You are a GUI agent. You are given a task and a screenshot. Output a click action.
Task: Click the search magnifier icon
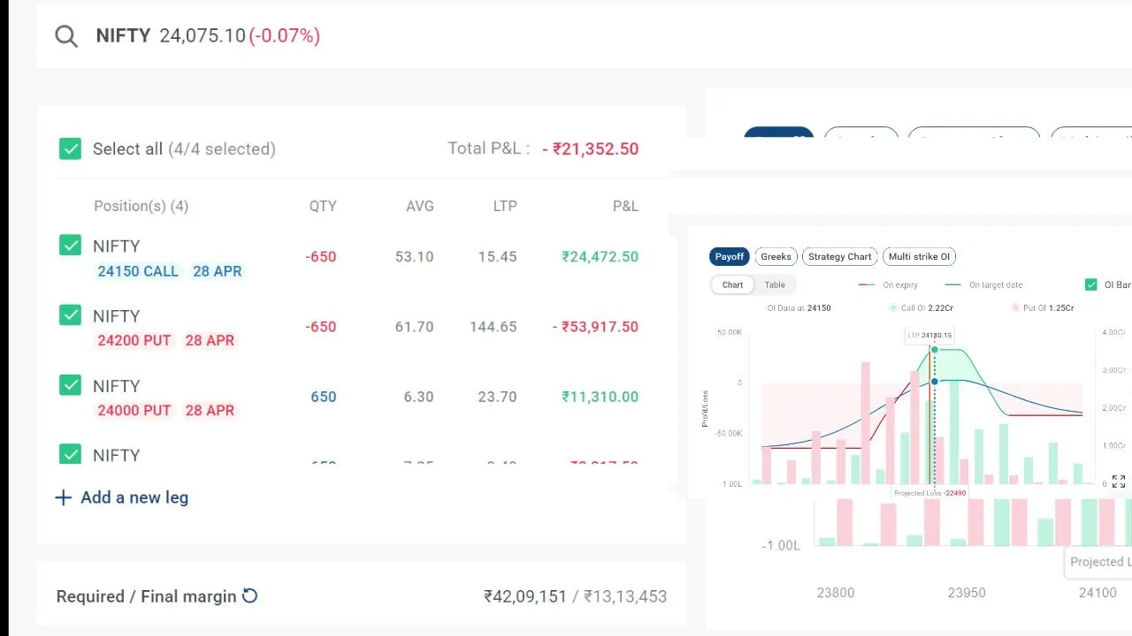66,36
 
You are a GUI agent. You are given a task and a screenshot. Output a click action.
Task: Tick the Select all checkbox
70,148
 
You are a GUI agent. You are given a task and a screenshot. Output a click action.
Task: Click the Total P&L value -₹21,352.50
590,148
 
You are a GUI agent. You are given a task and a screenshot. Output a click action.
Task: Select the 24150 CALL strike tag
138,271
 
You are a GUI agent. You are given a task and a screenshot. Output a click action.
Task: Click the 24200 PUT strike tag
134,340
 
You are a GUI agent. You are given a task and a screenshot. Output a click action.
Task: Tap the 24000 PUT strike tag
134,410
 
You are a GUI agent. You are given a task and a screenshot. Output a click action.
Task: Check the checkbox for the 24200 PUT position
70,315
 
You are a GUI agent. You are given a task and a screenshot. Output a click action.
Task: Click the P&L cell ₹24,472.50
600,256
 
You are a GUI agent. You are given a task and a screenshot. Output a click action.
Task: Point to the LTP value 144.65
493,327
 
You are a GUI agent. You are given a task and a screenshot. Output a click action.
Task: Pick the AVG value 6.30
418,397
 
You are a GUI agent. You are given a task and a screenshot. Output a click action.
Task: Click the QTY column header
323,206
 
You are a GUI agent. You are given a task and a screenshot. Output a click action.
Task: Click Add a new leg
122,497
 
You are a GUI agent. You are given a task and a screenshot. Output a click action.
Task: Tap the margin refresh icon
250,596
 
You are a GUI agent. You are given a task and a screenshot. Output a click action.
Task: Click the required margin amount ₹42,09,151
525,596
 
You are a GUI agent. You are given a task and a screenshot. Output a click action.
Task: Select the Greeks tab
776,256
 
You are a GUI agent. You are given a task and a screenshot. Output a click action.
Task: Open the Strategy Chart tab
839,256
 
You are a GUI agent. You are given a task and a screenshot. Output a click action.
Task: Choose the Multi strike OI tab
919,256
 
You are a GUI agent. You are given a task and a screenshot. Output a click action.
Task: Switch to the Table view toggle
775,284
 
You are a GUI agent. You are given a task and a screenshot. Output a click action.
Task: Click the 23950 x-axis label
966,593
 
